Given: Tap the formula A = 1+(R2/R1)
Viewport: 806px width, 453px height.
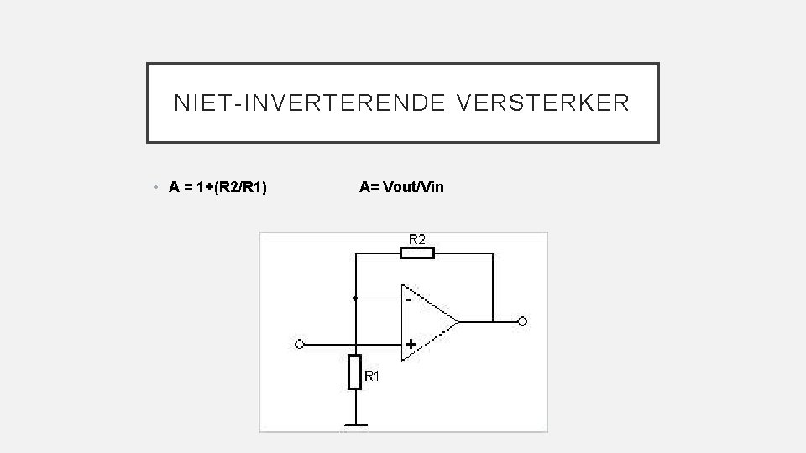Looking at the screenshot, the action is [218, 187].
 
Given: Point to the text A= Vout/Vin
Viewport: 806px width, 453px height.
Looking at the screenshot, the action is [401, 187].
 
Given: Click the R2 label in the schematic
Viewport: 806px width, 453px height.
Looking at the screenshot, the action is [417, 239].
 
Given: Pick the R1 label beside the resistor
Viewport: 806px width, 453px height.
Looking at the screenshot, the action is [372, 377].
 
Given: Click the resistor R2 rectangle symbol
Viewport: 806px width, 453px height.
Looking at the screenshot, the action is [417, 253].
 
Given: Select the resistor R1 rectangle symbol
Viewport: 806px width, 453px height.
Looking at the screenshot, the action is [355, 372].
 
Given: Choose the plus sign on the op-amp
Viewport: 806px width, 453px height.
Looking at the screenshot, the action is [411, 344].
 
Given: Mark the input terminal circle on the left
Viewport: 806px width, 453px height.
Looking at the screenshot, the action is [300, 344].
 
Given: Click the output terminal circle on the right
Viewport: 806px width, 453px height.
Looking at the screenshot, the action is [522, 321].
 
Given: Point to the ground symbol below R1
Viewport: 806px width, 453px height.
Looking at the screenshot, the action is [355, 425].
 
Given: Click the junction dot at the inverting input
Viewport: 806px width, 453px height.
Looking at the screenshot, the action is [355, 298].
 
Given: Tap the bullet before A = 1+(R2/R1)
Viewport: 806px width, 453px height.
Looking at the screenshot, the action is [158, 188].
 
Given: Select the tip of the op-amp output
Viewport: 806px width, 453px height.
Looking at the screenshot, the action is [458, 321].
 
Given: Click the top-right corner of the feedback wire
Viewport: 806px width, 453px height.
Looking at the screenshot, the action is [493, 253].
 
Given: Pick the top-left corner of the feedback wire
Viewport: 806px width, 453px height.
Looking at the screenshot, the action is [355, 253].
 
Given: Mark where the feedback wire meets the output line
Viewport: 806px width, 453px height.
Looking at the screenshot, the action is [493, 321].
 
